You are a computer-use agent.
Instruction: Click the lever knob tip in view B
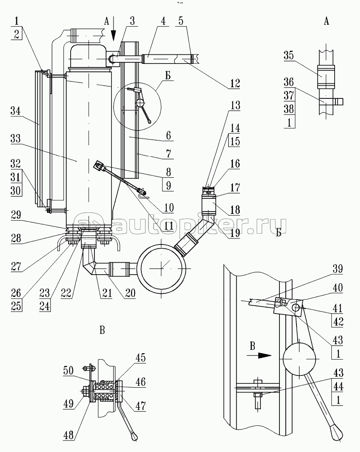[135, 437]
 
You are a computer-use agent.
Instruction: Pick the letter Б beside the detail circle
[169, 75]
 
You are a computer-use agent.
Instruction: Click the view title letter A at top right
[326, 22]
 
